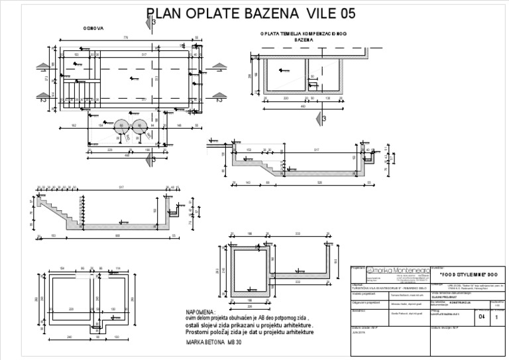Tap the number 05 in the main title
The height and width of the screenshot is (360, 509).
click(344, 13)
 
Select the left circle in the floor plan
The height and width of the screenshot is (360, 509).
click(122, 127)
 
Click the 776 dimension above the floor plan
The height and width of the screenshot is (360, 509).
click(126, 37)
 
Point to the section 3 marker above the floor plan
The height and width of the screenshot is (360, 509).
click(153, 23)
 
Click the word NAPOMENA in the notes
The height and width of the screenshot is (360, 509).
click(201, 312)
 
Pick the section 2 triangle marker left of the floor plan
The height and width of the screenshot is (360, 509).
click(42, 101)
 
